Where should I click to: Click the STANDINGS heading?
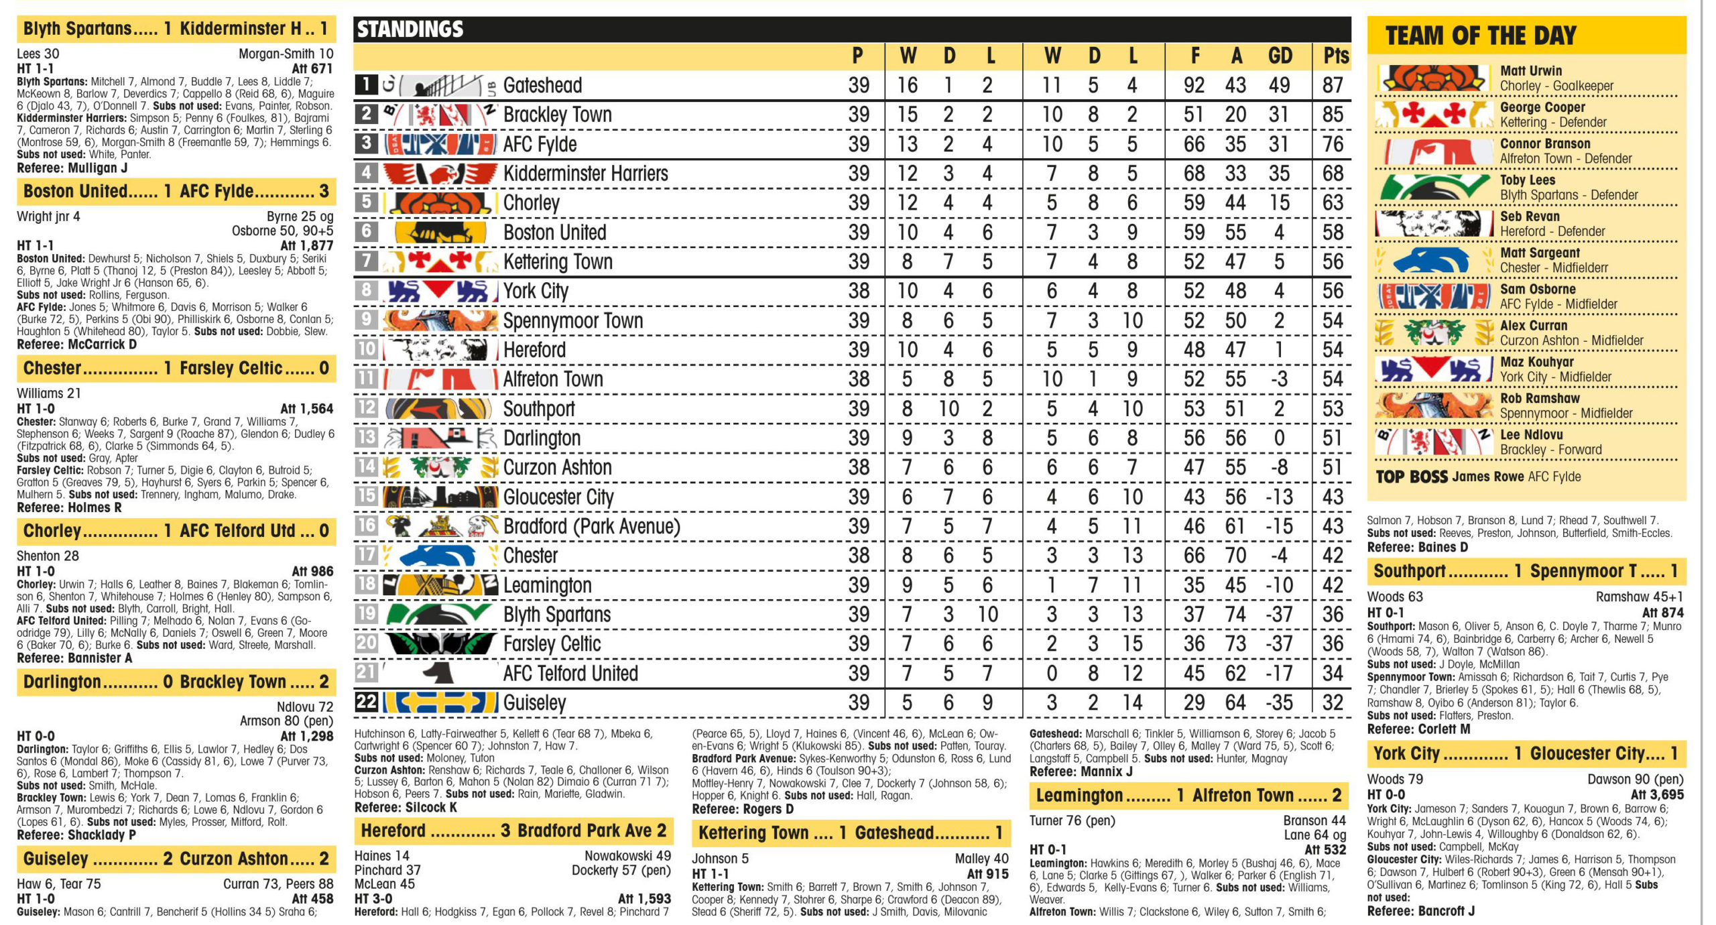[x=410, y=29]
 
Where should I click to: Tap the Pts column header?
[x=1335, y=56]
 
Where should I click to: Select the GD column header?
[x=1279, y=56]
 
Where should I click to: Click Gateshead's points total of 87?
[x=1333, y=86]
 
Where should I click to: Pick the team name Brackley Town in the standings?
[x=557, y=115]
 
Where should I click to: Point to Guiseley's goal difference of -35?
[x=1279, y=702]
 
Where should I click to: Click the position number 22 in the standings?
[x=366, y=702]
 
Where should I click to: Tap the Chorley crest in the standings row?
[x=440, y=202]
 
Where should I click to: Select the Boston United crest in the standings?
[x=440, y=233]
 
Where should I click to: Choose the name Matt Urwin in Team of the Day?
[x=1530, y=70]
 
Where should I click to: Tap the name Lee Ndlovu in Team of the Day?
[x=1531, y=434]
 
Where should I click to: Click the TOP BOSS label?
[x=1411, y=477]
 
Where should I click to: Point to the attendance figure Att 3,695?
[x=1656, y=794]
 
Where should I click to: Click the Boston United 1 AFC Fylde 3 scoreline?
[x=176, y=192]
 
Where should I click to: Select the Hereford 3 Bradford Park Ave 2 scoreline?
[x=513, y=831]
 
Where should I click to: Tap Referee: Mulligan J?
[x=72, y=168]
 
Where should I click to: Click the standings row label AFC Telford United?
[x=570, y=673]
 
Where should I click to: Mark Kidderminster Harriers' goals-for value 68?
[x=1194, y=174]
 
